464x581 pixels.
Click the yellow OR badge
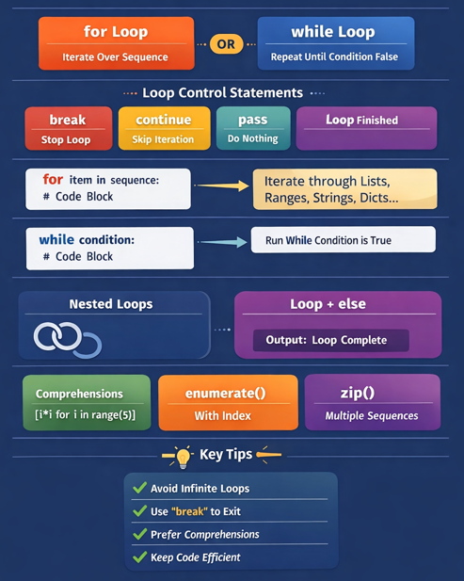[x=226, y=44]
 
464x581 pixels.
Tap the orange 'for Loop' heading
[x=116, y=31]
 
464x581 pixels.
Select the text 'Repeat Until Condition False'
[x=334, y=56]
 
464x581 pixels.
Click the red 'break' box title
[x=68, y=120]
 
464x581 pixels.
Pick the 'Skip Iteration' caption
[x=163, y=139]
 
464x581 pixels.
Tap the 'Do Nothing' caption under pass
[x=253, y=138]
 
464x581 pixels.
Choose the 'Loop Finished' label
[x=361, y=120]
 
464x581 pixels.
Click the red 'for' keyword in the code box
[x=53, y=179]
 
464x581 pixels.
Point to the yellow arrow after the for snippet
[x=222, y=186]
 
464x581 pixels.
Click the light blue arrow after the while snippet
[x=223, y=242]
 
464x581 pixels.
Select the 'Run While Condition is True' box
[x=344, y=240]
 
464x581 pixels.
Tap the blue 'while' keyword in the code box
[x=56, y=240]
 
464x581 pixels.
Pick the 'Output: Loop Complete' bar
[x=331, y=340]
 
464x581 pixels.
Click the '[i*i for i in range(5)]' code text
[x=85, y=414]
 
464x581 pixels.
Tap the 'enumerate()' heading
[x=226, y=393]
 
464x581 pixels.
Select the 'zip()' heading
[x=358, y=393]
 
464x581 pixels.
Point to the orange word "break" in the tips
[x=189, y=511]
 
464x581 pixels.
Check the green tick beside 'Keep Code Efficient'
[x=140, y=557]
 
